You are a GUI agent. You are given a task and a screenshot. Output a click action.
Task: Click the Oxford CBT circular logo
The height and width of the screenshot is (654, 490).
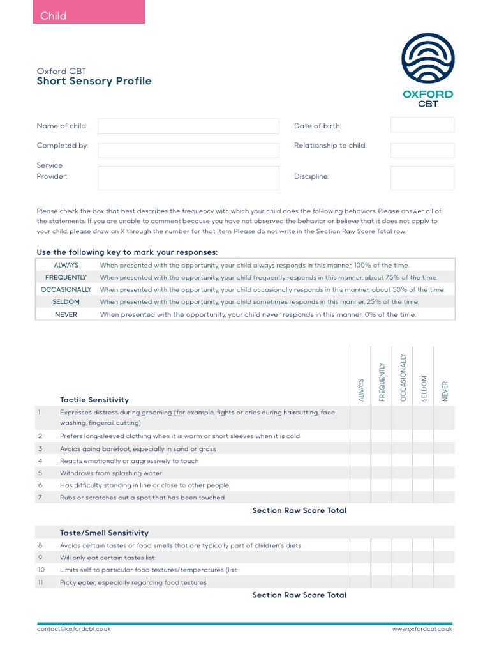427,59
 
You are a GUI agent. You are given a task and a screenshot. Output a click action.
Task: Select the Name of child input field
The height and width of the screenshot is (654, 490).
188,126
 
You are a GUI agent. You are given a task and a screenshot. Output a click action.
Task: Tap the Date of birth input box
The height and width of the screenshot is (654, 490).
422,125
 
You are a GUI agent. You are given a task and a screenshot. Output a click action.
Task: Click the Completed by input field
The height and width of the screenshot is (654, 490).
188,150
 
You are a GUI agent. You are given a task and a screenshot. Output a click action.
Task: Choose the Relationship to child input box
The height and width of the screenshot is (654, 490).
422,150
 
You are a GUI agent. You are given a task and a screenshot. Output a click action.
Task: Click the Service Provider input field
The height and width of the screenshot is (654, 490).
188,178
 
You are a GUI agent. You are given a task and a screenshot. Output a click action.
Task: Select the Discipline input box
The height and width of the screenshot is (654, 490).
422,178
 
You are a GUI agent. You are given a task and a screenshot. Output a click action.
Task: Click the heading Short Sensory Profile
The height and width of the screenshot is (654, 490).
94,81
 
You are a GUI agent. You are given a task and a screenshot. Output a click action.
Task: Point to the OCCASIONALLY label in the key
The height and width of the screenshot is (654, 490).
66,289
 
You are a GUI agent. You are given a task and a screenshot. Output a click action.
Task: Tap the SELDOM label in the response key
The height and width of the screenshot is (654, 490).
66,301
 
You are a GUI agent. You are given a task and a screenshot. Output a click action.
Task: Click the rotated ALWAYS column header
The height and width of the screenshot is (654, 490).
360,390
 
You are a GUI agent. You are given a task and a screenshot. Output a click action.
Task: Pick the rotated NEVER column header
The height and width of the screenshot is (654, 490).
445,391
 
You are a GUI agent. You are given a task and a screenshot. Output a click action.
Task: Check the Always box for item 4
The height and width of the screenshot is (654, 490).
360,460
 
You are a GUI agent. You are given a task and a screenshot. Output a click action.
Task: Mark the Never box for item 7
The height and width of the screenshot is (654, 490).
445,498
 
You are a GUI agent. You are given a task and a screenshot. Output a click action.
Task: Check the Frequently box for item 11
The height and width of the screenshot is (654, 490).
382,582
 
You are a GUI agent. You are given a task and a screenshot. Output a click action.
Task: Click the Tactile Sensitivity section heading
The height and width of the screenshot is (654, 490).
94,400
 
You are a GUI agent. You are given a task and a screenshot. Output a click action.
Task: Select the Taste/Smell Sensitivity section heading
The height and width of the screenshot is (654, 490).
104,533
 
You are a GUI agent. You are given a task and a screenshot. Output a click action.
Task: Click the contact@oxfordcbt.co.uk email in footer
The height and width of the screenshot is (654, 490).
73,629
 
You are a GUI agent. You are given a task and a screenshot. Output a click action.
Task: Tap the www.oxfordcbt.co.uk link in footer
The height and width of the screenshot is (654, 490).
422,629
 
